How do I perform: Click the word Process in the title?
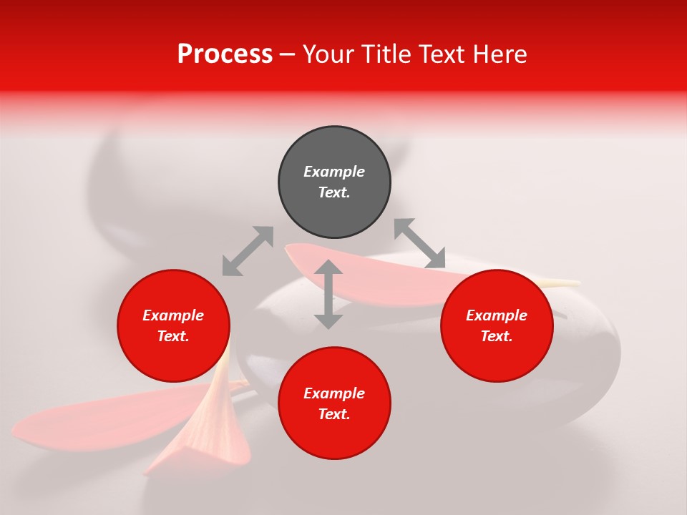[225, 54]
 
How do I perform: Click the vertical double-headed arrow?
[328, 294]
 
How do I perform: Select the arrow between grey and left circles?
[248, 251]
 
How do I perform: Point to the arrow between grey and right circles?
[419, 243]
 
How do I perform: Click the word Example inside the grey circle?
[334, 172]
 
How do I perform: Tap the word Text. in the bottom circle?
[334, 414]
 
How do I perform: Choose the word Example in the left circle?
[173, 315]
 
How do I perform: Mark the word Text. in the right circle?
[497, 336]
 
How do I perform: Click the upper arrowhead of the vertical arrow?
[328, 268]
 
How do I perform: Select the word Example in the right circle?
[497, 315]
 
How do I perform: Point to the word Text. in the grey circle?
[334, 192]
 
